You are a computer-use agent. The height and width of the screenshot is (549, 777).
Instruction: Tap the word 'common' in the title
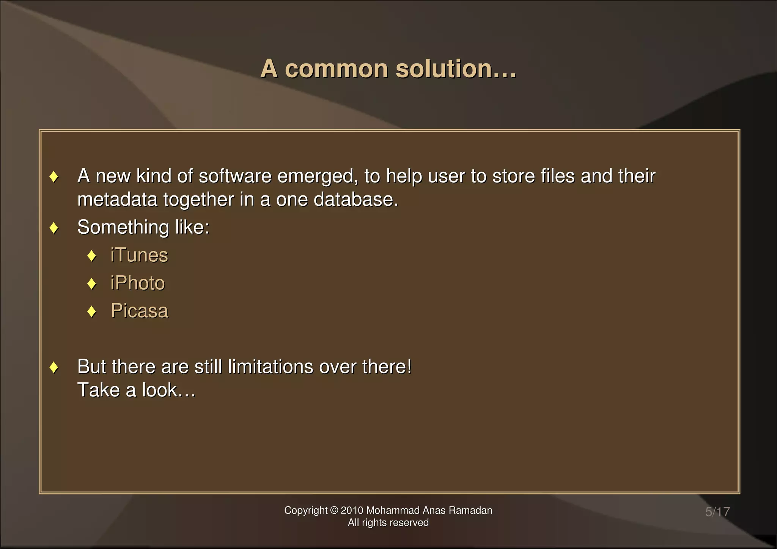click(x=336, y=69)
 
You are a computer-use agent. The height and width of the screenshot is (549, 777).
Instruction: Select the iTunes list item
click(x=139, y=255)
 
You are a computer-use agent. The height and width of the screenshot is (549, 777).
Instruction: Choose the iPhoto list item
click(x=138, y=283)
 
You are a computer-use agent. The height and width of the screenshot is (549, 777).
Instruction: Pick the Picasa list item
click(x=139, y=311)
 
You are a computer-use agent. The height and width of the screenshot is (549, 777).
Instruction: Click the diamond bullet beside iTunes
click(x=91, y=256)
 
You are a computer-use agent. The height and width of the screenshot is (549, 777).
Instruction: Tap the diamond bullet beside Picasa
click(x=91, y=311)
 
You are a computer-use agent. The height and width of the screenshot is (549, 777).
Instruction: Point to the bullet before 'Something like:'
click(x=54, y=228)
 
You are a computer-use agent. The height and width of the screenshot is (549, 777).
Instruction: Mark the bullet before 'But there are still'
click(x=54, y=367)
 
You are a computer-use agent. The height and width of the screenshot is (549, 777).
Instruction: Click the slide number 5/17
click(x=717, y=512)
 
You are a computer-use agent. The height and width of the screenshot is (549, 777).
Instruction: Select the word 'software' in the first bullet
click(x=235, y=176)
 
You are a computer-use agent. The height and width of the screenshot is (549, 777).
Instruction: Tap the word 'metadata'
click(x=117, y=200)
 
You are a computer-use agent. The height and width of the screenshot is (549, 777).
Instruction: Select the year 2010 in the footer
click(x=352, y=510)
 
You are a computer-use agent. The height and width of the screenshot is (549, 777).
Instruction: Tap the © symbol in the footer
click(x=334, y=510)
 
